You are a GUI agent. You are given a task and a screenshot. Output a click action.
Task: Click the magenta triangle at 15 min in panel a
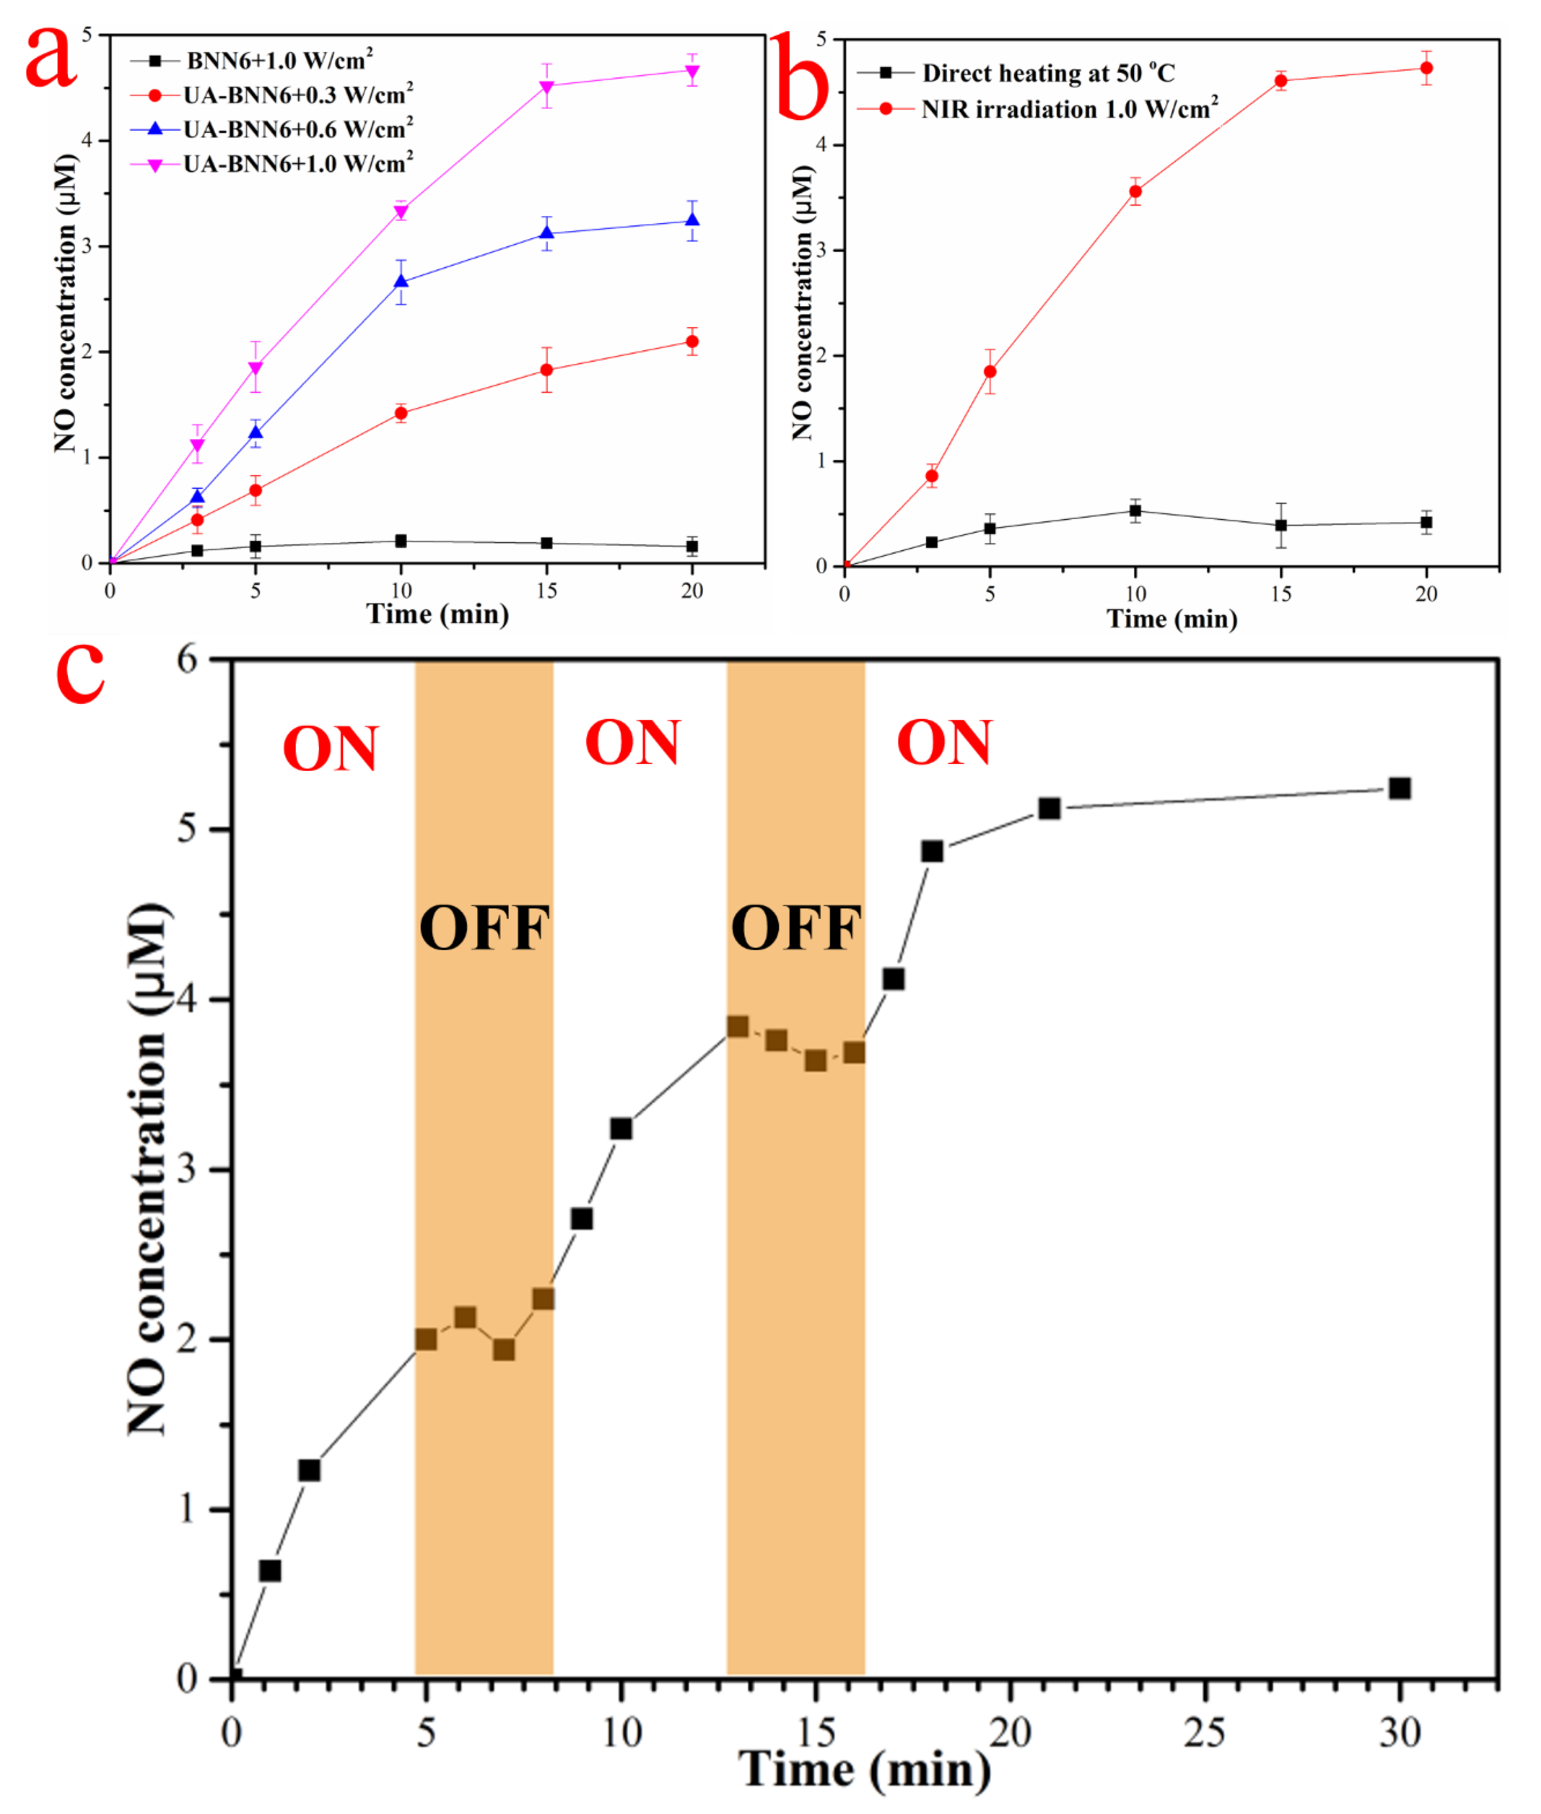(x=547, y=87)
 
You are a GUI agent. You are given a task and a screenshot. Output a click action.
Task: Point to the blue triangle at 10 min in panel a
(x=401, y=281)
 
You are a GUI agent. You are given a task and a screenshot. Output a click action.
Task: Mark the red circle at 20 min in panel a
(x=692, y=341)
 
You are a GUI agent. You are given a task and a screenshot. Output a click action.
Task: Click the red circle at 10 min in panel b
(x=1135, y=191)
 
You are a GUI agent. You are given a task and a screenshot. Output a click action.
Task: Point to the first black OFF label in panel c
(x=484, y=928)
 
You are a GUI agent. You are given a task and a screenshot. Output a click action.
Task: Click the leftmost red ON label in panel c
(x=330, y=749)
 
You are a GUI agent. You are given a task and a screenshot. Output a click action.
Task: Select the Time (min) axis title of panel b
(x=1171, y=619)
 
